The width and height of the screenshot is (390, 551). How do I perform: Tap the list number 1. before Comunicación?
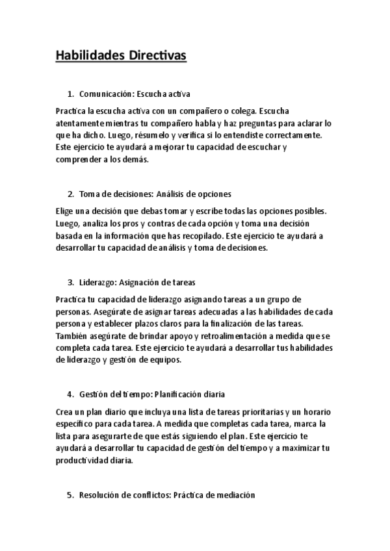tap(71, 94)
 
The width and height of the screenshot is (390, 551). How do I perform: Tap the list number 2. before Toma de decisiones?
tap(71, 194)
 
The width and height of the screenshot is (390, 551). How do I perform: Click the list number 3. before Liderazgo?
tap(71, 283)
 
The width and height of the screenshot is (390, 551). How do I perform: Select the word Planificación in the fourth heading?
tap(181, 394)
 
